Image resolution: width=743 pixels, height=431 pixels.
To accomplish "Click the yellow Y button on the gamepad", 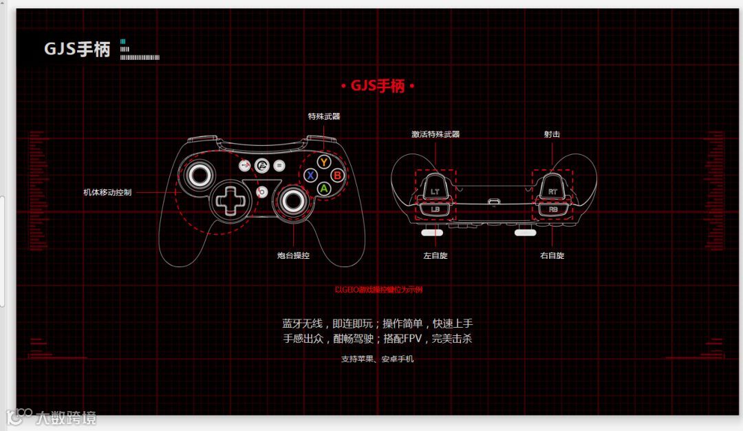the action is coord(323,162).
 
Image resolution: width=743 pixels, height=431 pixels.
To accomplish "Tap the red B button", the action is coord(337,175).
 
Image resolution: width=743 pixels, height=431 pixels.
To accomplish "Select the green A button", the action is coord(323,187).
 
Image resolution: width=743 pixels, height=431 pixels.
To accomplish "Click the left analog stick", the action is coord(197,174).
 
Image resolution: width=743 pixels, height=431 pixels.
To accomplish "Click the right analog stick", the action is coord(293,200).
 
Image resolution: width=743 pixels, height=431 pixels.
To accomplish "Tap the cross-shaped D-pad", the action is coord(228,200).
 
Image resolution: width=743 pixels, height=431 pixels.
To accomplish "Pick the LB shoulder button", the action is coord(435,209).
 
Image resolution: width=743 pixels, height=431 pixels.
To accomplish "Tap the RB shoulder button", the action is coord(553,209).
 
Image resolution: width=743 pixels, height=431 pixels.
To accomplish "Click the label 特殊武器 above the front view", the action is coord(323,116).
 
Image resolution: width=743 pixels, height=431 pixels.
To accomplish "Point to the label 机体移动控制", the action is coord(107,192).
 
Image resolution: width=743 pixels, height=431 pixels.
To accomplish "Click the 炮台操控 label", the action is coord(293,255).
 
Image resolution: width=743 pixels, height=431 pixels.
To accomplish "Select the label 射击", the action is coord(552,134).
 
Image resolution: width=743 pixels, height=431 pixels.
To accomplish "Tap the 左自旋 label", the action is coord(435,255).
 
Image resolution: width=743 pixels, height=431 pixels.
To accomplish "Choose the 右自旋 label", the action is coord(552,255).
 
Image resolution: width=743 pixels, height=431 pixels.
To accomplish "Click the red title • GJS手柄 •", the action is coord(378,86).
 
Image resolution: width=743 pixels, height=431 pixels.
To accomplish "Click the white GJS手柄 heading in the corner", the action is coord(77,49).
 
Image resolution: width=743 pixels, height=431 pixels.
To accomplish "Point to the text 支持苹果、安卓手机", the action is coord(378,359).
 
